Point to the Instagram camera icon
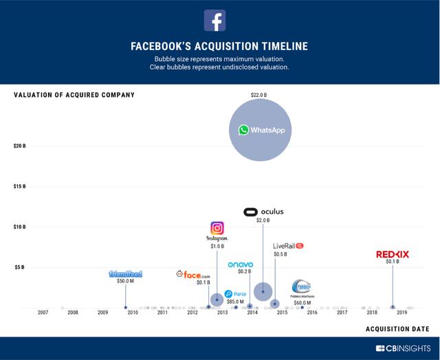tap(217, 228)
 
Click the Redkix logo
tap(393, 254)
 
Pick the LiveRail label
tap(288, 245)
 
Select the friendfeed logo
tap(125, 273)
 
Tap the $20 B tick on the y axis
tap(19, 146)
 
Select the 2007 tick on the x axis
tap(43, 313)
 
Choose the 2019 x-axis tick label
tap(401, 313)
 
